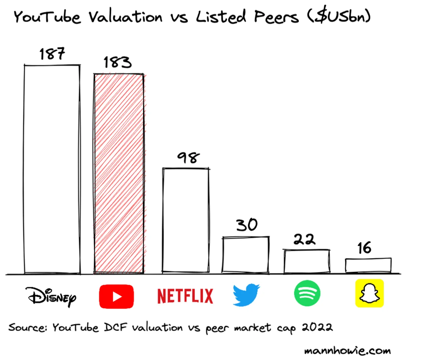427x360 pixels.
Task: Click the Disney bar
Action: click(x=52, y=169)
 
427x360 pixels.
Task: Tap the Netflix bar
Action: click(x=186, y=221)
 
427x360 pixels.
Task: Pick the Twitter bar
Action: click(x=245, y=255)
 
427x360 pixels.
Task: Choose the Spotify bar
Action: click(x=306, y=261)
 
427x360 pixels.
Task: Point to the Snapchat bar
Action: click(x=368, y=265)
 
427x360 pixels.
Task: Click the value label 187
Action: click(x=52, y=54)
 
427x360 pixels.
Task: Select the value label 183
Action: click(x=118, y=63)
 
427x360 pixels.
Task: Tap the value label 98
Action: click(x=188, y=158)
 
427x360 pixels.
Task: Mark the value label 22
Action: click(x=304, y=239)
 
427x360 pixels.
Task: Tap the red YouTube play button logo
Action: click(x=116, y=296)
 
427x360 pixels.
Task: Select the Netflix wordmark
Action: click(x=185, y=296)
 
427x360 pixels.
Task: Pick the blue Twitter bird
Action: click(x=246, y=295)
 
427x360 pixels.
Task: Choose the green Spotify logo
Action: click(x=307, y=293)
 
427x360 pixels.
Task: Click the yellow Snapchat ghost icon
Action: click(x=369, y=293)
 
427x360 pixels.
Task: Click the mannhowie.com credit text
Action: click(x=347, y=350)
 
